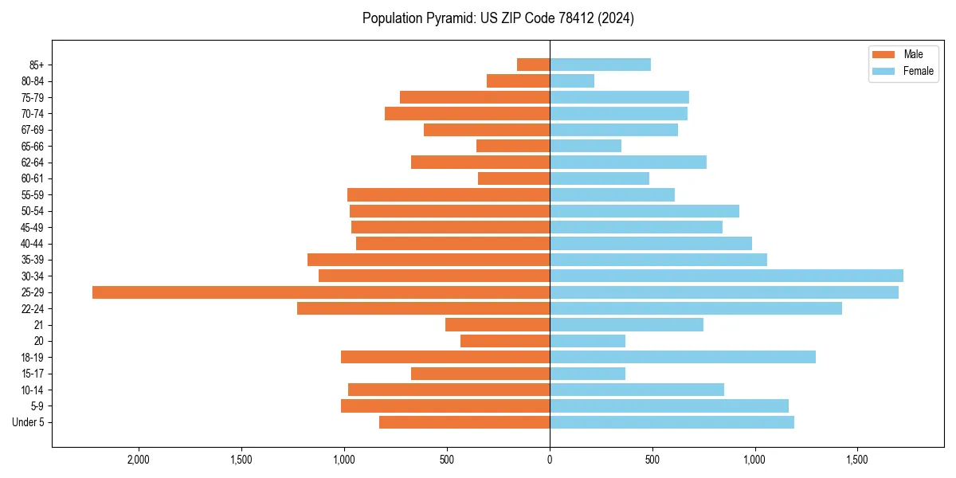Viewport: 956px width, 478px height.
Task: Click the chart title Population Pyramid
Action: pyautogui.click(x=498, y=18)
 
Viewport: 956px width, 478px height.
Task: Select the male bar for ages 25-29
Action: pyautogui.click(x=321, y=292)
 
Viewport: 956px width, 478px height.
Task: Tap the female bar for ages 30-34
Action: pyautogui.click(x=727, y=276)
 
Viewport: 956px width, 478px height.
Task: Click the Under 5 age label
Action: pyautogui.click(x=29, y=422)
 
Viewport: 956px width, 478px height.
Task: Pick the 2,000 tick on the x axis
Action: pyautogui.click(x=139, y=460)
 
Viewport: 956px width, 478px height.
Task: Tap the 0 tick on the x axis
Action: pyautogui.click(x=550, y=460)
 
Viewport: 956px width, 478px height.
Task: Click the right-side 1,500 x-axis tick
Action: pyautogui.click(x=857, y=460)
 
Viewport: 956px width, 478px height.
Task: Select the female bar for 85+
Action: pyautogui.click(x=600, y=65)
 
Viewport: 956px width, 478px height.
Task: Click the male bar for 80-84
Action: pyautogui.click(x=518, y=80)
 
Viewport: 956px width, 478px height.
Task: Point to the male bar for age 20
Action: pyautogui.click(x=505, y=341)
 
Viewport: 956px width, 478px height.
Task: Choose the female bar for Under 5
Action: pyautogui.click(x=672, y=422)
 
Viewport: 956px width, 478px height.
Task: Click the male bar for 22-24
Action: pyautogui.click(x=423, y=308)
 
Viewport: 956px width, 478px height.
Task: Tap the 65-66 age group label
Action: pyautogui.click(x=33, y=146)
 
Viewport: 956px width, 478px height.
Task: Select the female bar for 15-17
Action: pyautogui.click(x=587, y=374)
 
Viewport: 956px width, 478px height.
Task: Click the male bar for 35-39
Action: pyautogui.click(x=429, y=260)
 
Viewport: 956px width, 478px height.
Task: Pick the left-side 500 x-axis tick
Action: pyautogui.click(x=447, y=460)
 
